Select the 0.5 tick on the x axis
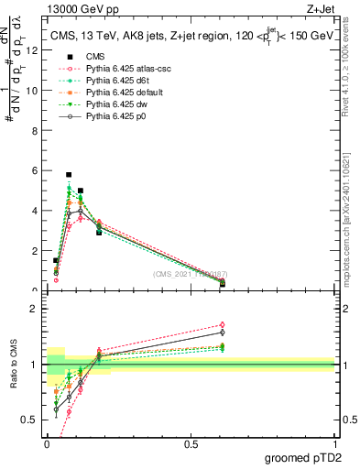click(x=191, y=443)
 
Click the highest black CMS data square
click(x=69, y=174)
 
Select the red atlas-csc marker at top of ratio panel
click(x=223, y=324)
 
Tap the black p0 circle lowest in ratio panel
click(x=56, y=410)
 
